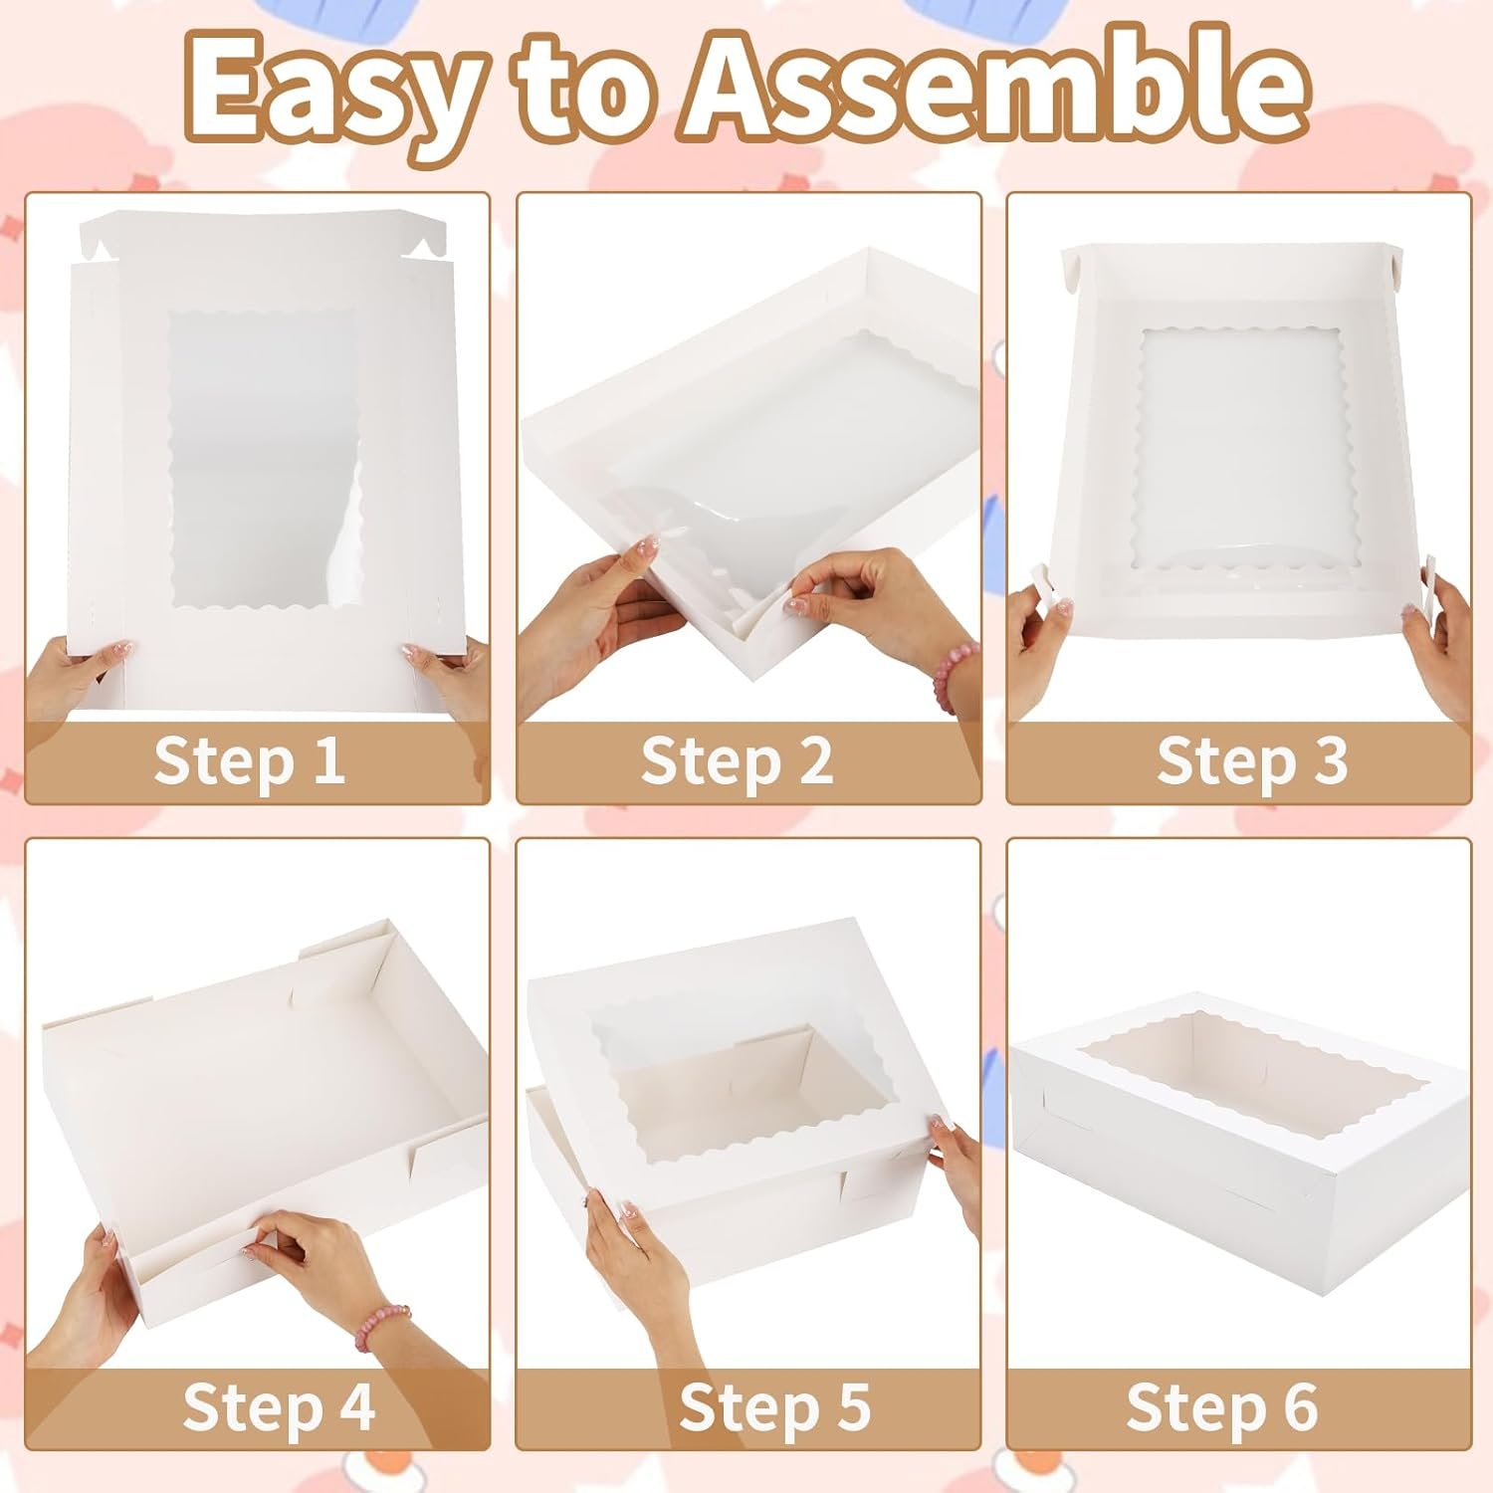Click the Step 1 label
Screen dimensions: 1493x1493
250,762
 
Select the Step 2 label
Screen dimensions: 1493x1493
737,762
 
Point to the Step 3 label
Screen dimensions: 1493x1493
1252,762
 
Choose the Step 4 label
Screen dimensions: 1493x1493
280,1406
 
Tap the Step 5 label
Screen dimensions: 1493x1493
774,1406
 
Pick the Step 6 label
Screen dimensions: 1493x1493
1222,1406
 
